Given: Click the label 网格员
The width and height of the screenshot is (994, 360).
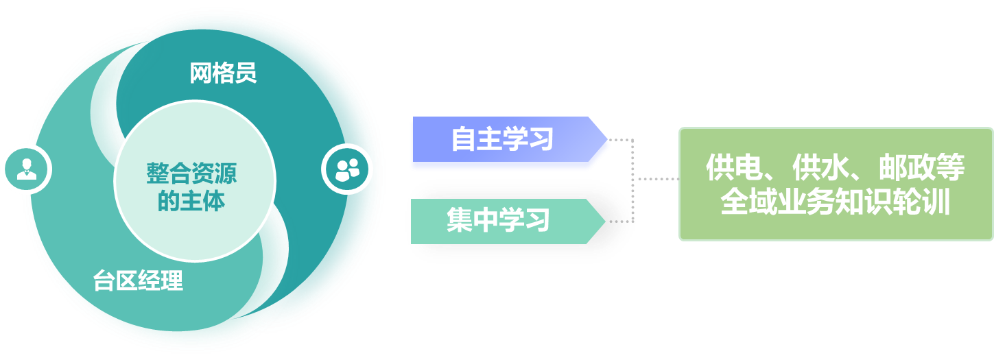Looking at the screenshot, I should [x=223, y=73].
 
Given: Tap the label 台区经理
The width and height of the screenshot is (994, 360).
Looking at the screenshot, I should [x=138, y=281].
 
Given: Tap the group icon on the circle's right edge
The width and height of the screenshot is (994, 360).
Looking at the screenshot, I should [x=347, y=169].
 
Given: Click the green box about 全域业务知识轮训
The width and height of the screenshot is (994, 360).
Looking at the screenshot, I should [x=836, y=184].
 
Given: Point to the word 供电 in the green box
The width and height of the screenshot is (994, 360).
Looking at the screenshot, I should [x=729, y=167].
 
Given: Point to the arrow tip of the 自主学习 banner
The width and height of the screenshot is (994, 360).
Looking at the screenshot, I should [x=607, y=141].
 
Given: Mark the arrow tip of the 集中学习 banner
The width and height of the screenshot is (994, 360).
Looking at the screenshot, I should [x=603, y=221].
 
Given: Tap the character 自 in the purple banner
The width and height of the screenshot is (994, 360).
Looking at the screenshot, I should [x=464, y=140].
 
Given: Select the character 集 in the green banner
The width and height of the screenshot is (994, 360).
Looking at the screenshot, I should [x=460, y=221].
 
